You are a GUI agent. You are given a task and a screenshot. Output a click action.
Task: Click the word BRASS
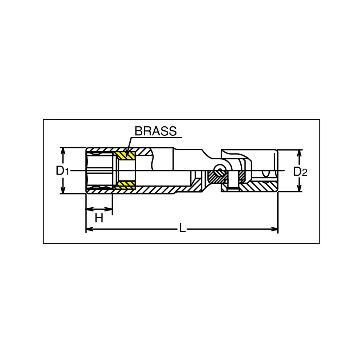coord(156,131)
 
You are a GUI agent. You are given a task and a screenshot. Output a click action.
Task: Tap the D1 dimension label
coord(62,171)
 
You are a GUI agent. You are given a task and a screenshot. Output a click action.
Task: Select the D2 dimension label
coord(300,172)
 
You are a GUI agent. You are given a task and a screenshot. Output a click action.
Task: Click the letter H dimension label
coord(99,218)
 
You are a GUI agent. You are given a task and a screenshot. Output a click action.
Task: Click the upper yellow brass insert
coord(125,156)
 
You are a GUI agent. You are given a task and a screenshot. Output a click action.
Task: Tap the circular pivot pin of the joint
coord(219,170)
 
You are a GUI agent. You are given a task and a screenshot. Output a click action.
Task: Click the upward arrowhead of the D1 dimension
coord(63,151)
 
